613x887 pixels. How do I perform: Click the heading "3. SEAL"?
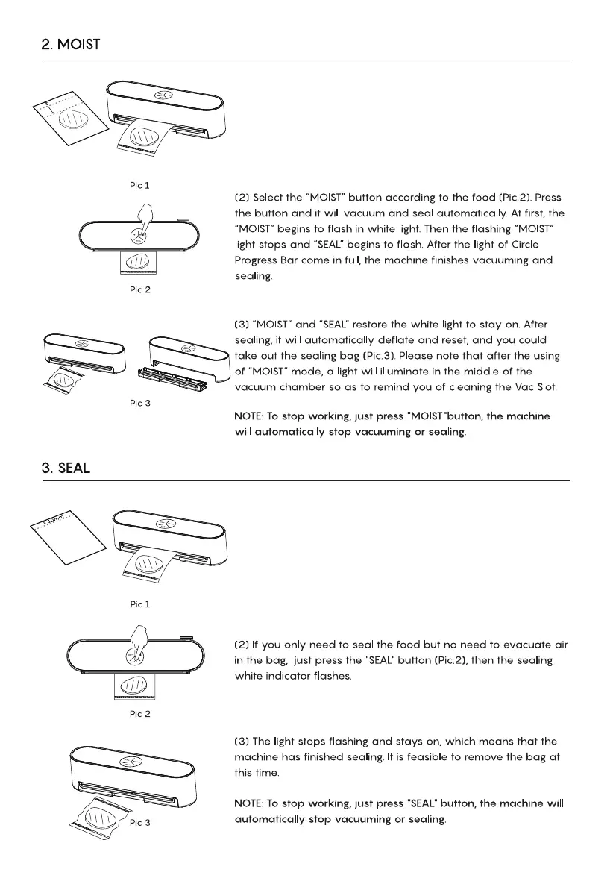[x=65, y=468]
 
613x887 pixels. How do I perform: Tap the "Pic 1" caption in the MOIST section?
[x=136, y=185]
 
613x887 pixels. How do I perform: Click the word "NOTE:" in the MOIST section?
[x=249, y=416]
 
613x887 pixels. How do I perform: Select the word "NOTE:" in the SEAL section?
[x=249, y=803]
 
